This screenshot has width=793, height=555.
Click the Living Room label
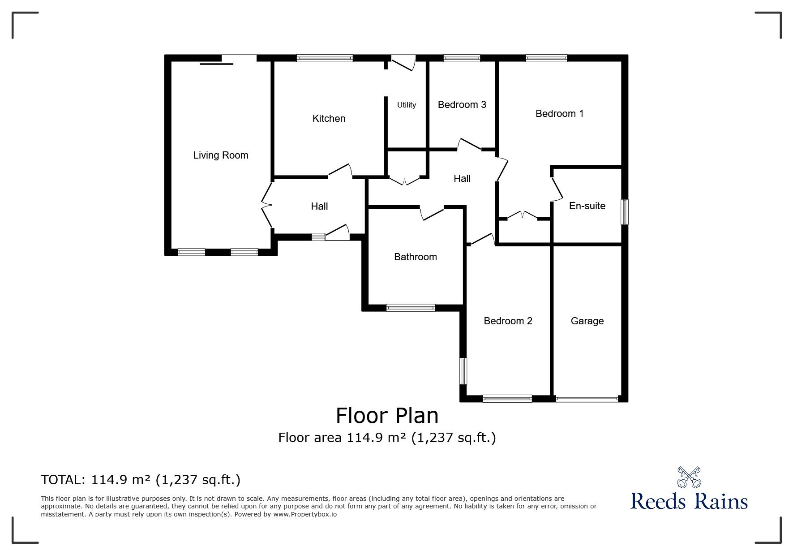220,155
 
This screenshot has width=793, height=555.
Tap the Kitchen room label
329,119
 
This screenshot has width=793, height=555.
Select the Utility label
407,105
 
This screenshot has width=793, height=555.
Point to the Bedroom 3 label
462,105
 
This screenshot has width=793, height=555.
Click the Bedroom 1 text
559,114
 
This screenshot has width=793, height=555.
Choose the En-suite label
587,206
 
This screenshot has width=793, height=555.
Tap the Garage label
587,321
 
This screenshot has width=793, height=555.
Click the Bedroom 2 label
508,321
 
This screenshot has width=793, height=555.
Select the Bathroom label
415,257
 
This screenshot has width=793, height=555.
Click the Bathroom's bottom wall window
411,307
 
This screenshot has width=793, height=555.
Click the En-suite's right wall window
625,212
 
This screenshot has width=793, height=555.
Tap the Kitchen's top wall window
325,58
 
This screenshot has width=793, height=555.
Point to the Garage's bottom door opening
587,398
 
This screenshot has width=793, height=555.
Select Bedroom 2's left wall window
463,371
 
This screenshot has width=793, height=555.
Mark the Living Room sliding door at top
239,58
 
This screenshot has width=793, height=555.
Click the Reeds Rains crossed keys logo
689,477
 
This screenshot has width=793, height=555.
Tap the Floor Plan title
387,416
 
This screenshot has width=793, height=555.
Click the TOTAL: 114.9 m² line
141,480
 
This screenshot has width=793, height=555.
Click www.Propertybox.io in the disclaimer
305,514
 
